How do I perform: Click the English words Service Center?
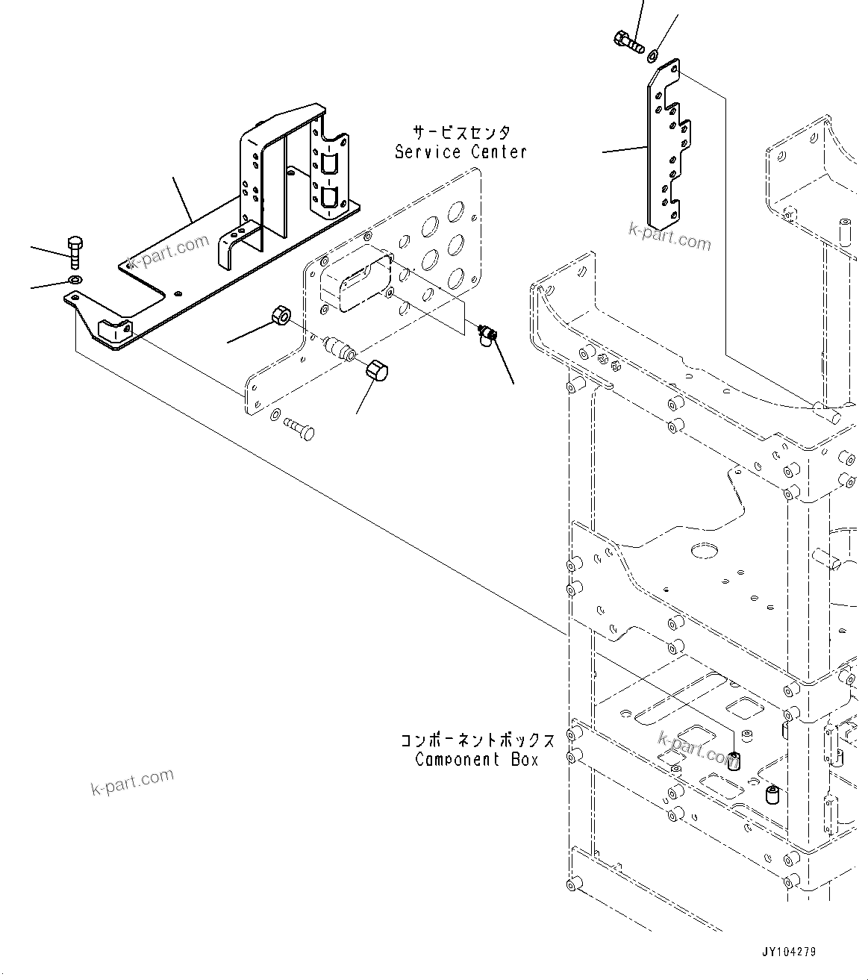[x=460, y=152]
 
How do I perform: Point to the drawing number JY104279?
[x=789, y=952]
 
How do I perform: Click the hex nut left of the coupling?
[x=281, y=316]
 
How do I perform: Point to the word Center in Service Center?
[x=499, y=152]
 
